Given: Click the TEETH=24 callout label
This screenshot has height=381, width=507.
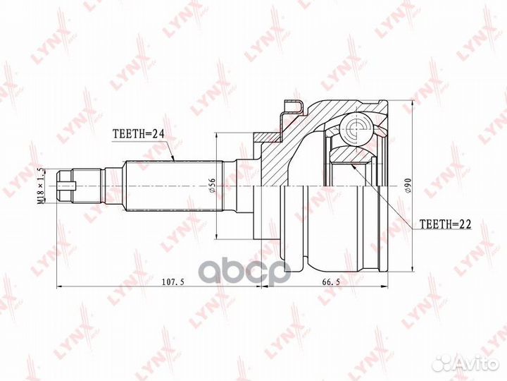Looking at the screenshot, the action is point(139,133).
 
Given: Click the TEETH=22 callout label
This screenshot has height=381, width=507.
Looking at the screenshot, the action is point(445,224).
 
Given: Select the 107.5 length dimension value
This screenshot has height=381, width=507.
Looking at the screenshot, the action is point(173,282).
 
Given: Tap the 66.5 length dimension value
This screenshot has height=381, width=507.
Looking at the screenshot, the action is point(331,282).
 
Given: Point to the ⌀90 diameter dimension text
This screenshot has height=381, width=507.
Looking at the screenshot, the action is point(408,186).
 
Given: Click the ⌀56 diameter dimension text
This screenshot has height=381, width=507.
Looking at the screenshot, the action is point(212,186).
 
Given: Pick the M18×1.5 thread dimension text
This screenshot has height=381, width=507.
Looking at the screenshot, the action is point(41,186).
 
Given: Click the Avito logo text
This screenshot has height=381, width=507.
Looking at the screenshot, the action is point(475,363).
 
